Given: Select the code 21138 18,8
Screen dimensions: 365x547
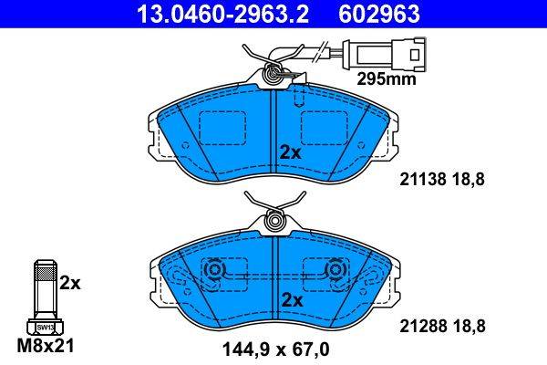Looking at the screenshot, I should coord(440,180).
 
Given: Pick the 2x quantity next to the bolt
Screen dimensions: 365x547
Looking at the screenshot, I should coord(70,283).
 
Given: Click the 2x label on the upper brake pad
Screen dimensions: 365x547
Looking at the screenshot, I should coord(290,152).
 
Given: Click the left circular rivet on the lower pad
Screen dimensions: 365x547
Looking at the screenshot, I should coord(215,271).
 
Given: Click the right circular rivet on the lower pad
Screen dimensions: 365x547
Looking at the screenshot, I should coord(336,271).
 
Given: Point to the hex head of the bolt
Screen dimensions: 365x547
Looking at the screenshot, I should coord(43,326).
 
